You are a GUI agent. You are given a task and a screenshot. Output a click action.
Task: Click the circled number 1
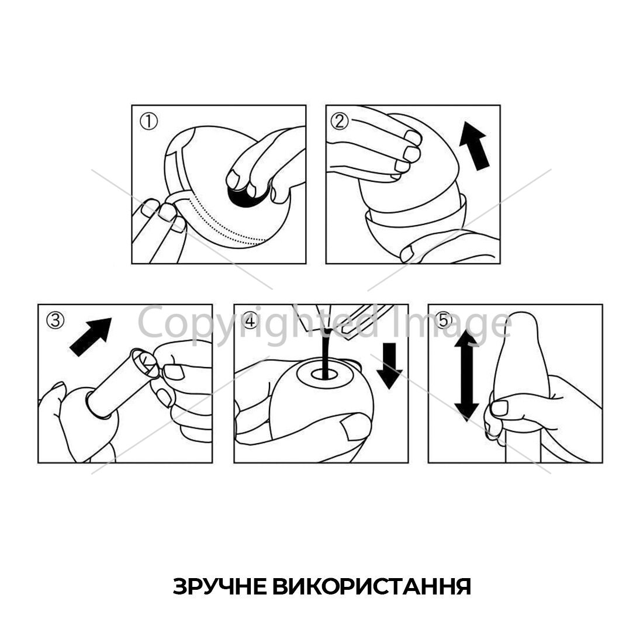pyautogui.click(x=148, y=122)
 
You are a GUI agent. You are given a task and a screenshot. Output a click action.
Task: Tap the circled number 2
pyautogui.click(x=339, y=122)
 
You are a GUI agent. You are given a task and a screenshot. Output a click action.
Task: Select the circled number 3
pyautogui.click(x=56, y=320)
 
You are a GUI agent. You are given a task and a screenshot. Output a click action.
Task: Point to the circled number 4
pyautogui.click(x=251, y=320)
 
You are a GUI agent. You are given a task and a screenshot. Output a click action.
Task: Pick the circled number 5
pyautogui.click(x=445, y=320)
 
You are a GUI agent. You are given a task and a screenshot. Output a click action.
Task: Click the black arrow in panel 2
pyautogui.click(x=475, y=145)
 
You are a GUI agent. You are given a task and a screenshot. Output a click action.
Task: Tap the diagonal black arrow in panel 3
pyautogui.click(x=91, y=337)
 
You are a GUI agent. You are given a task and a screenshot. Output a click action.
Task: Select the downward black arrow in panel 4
pyautogui.click(x=389, y=366)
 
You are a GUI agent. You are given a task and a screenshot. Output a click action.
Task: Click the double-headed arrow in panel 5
pyautogui.click(x=466, y=375)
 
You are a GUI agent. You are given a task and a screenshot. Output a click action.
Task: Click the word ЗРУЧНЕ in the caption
pyautogui.click(x=219, y=586)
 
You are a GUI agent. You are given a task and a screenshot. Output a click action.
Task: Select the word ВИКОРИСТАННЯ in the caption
pyautogui.click(x=372, y=586)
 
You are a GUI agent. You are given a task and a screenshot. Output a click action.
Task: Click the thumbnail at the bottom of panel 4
pyautogui.click(x=355, y=427)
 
